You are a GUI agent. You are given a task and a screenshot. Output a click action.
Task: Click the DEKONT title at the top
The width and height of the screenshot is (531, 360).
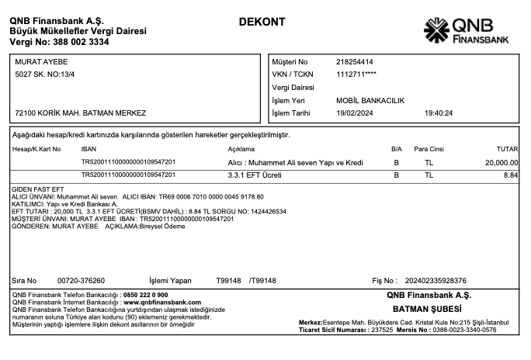(262, 20)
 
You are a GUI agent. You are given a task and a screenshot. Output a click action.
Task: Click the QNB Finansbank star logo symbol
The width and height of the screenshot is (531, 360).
(436, 29)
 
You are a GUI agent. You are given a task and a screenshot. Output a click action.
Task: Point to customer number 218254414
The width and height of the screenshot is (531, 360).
(355, 61)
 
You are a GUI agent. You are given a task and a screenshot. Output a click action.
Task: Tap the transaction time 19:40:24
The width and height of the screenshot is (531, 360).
(439, 113)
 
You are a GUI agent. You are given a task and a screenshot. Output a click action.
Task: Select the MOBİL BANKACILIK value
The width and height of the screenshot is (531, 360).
(371, 101)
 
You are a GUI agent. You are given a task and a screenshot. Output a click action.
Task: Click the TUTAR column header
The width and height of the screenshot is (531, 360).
(506, 148)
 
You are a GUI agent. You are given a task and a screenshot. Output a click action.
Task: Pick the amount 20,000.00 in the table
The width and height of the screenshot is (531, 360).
(501, 162)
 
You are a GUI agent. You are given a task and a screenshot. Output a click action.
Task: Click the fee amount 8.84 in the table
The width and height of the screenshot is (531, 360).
(510, 175)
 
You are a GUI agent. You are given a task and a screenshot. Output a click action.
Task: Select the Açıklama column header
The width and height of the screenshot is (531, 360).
(241, 148)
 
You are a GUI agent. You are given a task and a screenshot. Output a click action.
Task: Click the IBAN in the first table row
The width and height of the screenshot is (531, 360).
(128, 162)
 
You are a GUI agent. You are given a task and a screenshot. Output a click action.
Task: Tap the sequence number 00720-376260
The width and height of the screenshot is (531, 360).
(81, 280)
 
